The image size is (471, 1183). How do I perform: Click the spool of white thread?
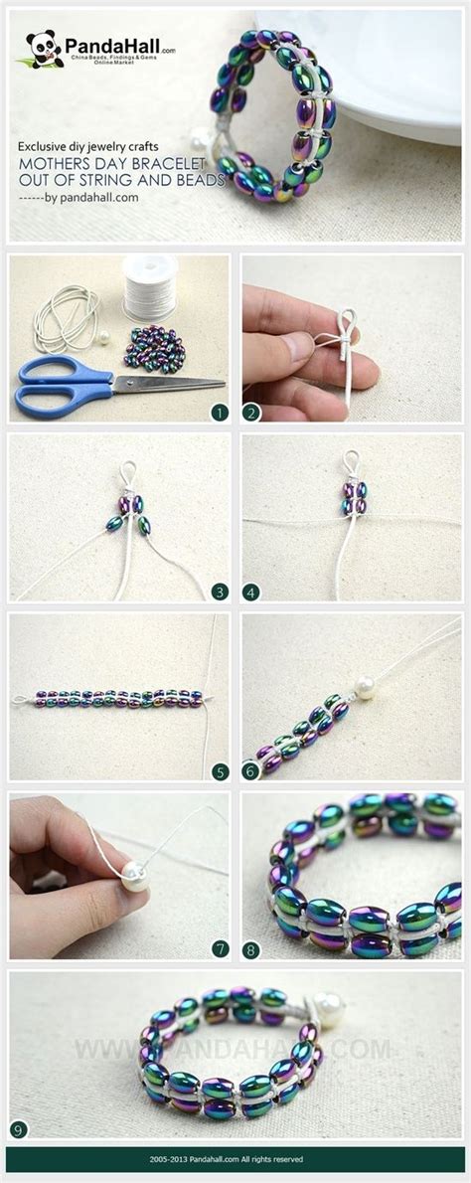click(x=149, y=288)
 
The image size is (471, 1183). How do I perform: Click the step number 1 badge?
click(x=220, y=411)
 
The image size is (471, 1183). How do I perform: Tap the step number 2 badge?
click(x=253, y=411)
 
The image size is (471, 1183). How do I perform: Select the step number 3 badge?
click(x=220, y=591)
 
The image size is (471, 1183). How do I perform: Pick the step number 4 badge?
click(x=253, y=591)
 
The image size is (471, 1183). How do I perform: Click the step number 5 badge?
click(x=220, y=770)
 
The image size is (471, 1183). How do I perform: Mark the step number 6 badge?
click(x=253, y=770)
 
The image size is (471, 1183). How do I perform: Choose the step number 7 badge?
click(x=220, y=949)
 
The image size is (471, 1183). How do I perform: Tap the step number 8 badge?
click(x=253, y=949)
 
